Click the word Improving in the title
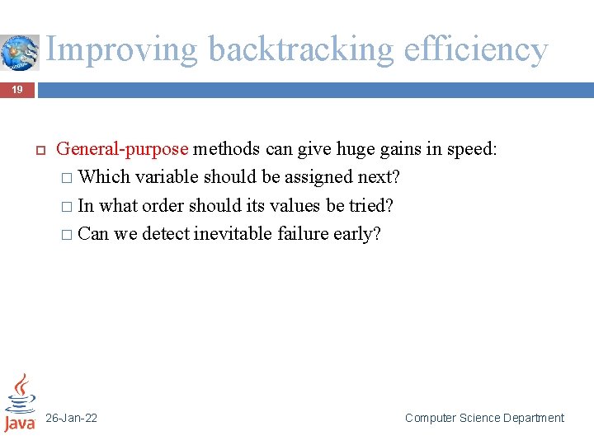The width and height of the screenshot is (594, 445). click(x=121, y=49)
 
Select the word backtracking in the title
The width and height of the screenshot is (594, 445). click(x=302, y=49)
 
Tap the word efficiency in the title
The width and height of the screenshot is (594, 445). click(x=476, y=49)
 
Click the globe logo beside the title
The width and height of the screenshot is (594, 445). click(x=18, y=51)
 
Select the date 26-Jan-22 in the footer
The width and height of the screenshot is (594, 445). click(x=71, y=419)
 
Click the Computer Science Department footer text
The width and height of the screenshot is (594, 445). click(x=484, y=419)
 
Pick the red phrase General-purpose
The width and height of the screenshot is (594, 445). click(x=122, y=150)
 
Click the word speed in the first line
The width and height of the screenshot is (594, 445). click(x=469, y=150)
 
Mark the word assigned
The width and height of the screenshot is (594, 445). click(x=317, y=178)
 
